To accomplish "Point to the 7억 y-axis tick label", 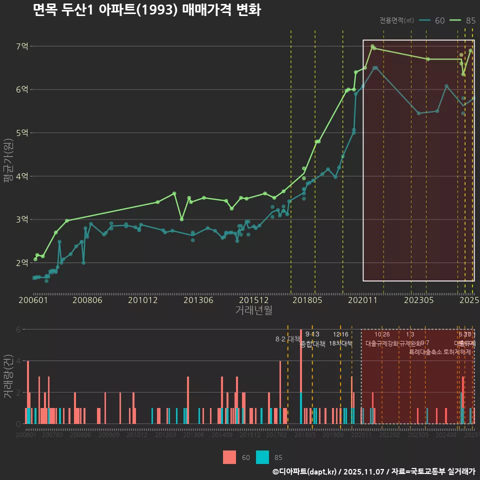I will pyautogui.click(x=22, y=46).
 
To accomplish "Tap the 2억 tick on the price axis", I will pyautogui.click(x=22, y=262).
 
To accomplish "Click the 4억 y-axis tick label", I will pyautogui.click(x=22, y=176).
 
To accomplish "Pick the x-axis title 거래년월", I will pyautogui.click(x=253, y=310).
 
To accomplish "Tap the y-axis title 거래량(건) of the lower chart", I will pyautogui.click(x=8, y=376).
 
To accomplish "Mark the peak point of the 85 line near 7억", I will pyautogui.click(x=372, y=46).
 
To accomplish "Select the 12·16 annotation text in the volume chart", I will pyautogui.click(x=340, y=334).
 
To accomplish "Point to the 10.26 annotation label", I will pyautogui.click(x=381, y=334).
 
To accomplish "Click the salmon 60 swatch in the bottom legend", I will pyautogui.click(x=229, y=457).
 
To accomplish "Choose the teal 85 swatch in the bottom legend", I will pyautogui.click(x=262, y=457).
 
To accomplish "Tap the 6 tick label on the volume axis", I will pyautogui.click(x=19, y=329).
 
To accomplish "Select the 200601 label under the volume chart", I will pyautogui.click(x=25, y=435).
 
